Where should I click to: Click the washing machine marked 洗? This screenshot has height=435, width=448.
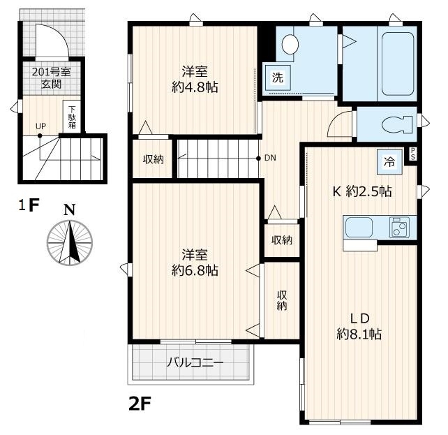tap(278, 78)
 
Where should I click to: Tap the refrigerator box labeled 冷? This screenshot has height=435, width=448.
tap(389, 162)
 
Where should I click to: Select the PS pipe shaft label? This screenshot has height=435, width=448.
tap(413, 154)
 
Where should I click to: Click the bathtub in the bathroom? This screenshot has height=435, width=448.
tap(398, 64)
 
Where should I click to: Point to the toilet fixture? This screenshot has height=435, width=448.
tap(397, 124)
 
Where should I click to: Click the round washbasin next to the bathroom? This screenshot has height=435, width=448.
tap(290, 44)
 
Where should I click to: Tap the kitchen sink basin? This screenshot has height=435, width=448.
tap(359, 228)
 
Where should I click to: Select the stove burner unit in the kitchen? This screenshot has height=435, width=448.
tap(399, 227)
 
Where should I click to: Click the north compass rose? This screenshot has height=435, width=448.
tap(69, 243)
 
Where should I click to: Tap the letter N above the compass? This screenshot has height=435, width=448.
tap(69, 209)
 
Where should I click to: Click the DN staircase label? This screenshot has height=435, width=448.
tap(270, 158)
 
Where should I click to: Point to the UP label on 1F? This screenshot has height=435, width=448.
tap(41, 126)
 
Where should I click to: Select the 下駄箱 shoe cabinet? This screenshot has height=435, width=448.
tap(72, 117)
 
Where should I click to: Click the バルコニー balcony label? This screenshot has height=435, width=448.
tap(195, 362)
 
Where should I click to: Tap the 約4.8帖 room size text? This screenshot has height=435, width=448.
tap(195, 87)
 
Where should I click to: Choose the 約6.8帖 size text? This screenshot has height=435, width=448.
tap(195, 270)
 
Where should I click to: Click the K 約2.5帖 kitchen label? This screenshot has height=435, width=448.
tap(362, 191)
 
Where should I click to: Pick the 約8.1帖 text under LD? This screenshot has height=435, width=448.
tap(359, 334)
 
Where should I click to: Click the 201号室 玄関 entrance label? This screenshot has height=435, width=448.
tap(52, 78)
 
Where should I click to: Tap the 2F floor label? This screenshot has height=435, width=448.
tap(140, 404)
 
